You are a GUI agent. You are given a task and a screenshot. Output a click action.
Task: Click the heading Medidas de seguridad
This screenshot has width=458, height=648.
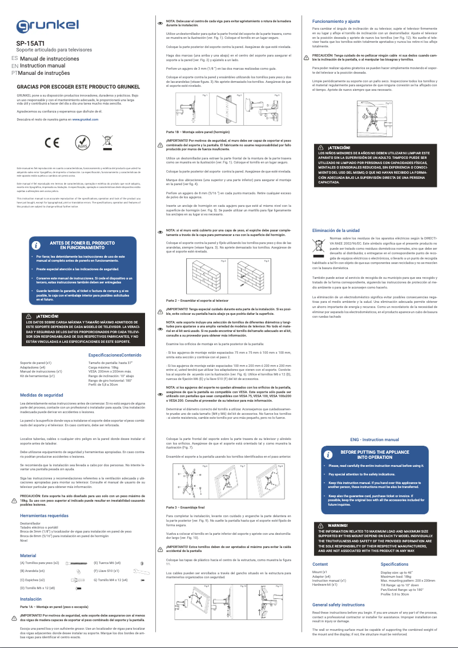pyautogui.click(x=41, y=395)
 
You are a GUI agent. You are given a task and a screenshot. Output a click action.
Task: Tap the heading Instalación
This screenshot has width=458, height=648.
pyautogui.click(x=30, y=599)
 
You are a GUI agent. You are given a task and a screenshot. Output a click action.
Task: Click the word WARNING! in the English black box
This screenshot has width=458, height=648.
pyautogui.click(x=338, y=525)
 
